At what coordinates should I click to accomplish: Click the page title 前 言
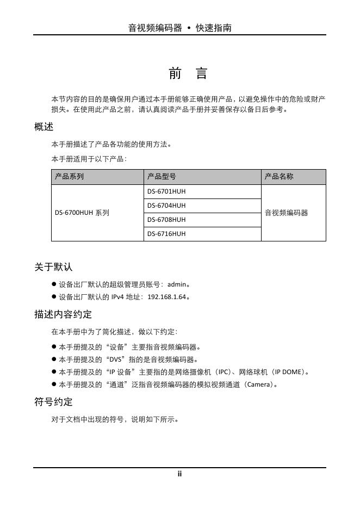click(x=180, y=74)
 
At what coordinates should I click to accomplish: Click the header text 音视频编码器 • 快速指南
click(x=179, y=28)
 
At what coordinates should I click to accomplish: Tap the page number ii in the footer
click(x=179, y=474)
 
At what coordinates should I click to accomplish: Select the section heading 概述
click(x=44, y=127)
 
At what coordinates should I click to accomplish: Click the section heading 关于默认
click(x=53, y=267)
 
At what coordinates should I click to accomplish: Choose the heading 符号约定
click(x=53, y=402)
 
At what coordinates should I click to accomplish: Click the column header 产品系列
click(x=70, y=177)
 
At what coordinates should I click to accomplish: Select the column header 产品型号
click(x=162, y=177)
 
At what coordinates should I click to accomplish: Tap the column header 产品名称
click(x=279, y=177)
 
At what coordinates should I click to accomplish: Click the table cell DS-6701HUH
click(x=166, y=191)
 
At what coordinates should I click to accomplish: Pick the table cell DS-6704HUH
click(x=166, y=206)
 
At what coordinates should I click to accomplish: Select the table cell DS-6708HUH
click(x=166, y=220)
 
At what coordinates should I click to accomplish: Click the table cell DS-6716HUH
click(x=166, y=234)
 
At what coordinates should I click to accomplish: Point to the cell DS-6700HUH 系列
click(x=82, y=213)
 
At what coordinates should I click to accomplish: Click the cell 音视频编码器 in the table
click(x=287, y=213)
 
